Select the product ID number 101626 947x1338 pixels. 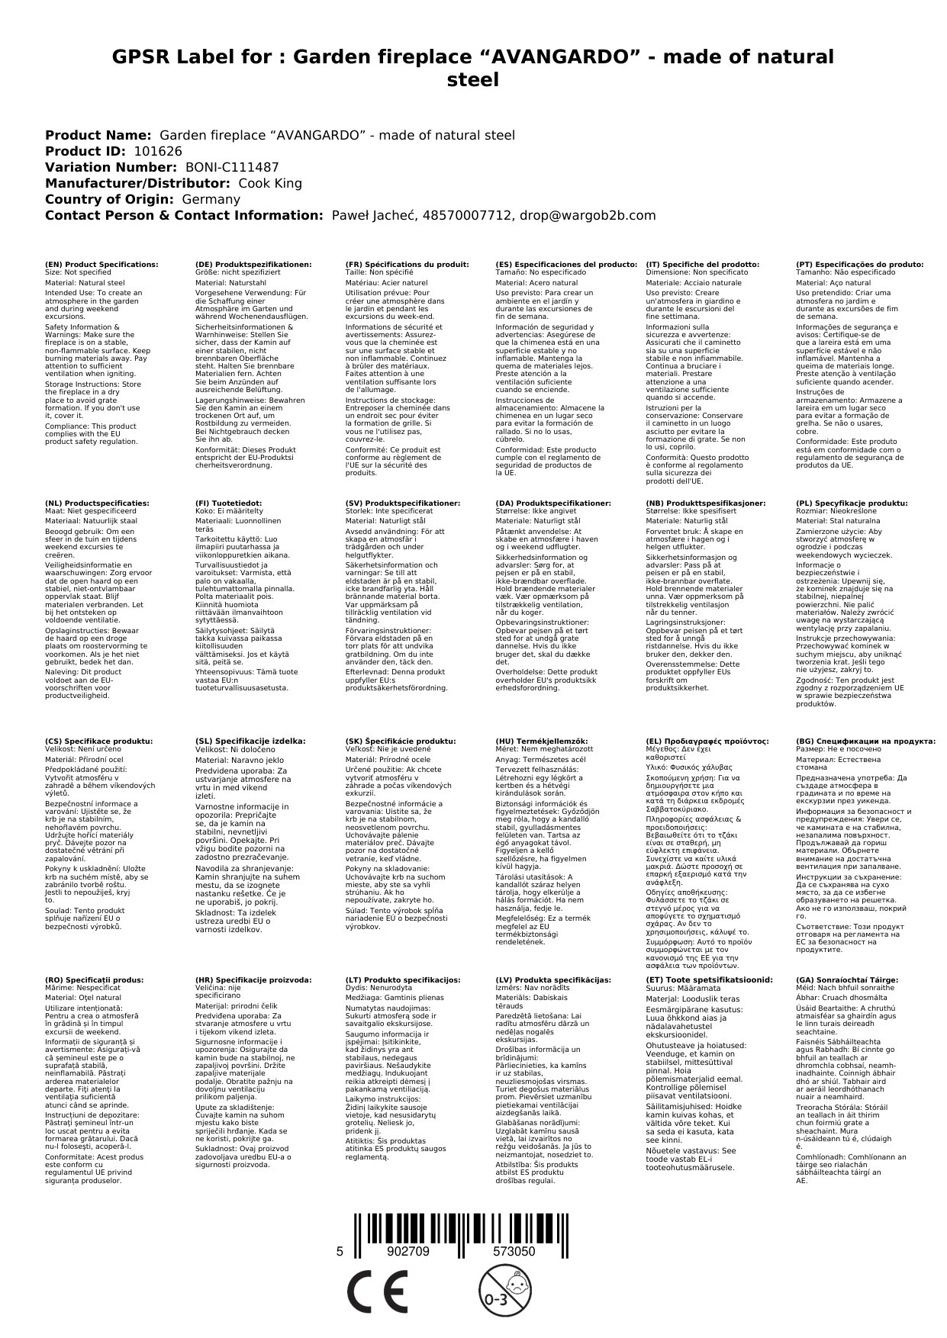pos(158,151)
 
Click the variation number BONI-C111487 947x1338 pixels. pos(232,167)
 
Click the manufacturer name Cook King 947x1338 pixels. pos(270,183)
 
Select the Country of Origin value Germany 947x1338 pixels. pos(211,199)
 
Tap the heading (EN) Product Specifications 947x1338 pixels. pos(101,264)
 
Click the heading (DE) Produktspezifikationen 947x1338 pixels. pos(253,264)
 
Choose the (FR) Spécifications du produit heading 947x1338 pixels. pos(407,264)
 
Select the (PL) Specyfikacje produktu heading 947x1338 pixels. pos(852,503)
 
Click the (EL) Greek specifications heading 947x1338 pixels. pos(707,741)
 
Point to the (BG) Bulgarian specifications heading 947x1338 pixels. pos(865,741)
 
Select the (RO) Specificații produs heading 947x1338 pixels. pos(94,979)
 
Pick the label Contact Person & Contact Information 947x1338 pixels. pos(185,215)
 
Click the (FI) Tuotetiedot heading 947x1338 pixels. pos(228,503)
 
